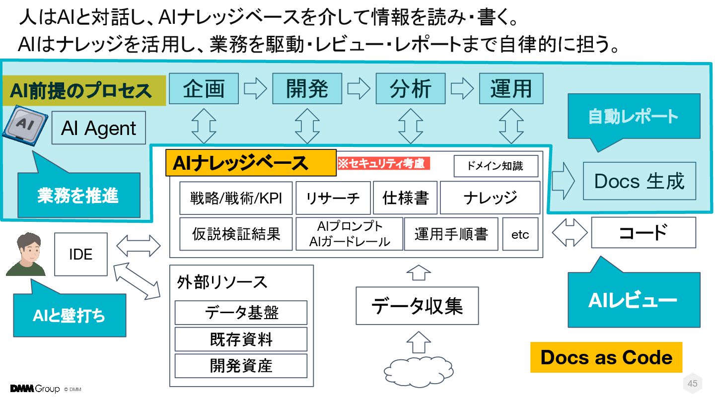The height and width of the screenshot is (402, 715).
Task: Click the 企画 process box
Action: tap(204, 88)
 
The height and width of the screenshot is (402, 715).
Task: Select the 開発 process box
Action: tap(307, 88)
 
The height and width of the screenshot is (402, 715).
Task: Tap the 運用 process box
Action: tap(511, 88)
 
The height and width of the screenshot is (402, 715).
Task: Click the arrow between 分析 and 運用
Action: tap(462, 88)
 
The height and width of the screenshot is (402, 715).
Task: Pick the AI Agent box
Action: tap(98, 128)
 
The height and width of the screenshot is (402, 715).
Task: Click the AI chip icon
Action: tap(25, 124)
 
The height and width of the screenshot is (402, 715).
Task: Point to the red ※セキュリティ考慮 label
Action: tap(383, 164)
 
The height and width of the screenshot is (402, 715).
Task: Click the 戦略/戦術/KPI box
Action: tap(236, 198)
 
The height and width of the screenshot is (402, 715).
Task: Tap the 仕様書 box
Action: tap(405, 198)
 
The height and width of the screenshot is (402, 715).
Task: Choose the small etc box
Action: tap(520, 234)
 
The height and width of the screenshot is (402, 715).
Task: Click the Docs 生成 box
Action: tap(639, 181)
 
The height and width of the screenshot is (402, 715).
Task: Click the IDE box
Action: tap(80, 255)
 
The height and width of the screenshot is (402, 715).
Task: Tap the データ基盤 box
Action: tap(241, 313)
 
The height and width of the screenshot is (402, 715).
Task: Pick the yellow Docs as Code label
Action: tap(606, 357)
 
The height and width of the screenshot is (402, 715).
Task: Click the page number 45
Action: tap(692, 383)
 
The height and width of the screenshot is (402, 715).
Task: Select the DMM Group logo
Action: tap(35, 389)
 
